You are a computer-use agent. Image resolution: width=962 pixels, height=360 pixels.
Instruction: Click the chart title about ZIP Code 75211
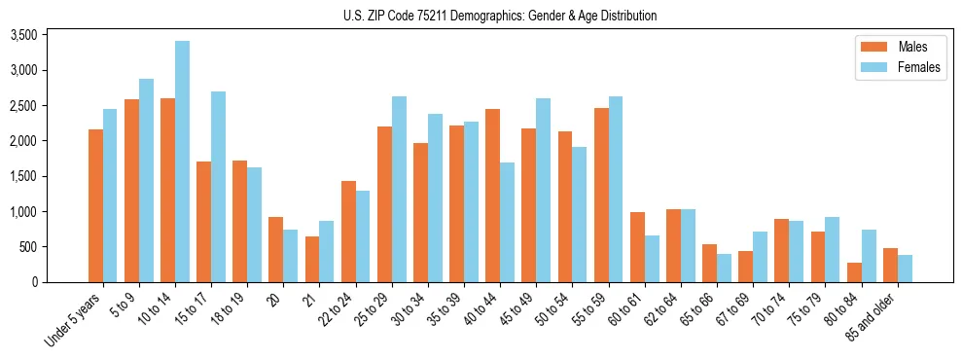point(500,16)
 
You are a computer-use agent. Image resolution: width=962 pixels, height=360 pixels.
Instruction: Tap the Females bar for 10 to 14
point(182,162)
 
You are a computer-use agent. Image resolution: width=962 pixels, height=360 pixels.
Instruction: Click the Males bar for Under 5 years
point(95,205)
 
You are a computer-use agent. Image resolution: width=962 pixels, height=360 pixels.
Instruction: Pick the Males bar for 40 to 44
point(493,196)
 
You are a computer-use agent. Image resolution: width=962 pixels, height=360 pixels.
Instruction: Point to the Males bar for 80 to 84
point(855,272)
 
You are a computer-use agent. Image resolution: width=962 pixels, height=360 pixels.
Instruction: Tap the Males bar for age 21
point(312,259)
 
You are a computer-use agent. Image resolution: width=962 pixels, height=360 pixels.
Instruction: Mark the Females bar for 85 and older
point(906,269)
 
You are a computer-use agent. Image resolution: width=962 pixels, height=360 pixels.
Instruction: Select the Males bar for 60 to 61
point(638,247)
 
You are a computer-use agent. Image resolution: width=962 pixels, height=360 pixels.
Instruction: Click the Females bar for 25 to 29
point(400,189)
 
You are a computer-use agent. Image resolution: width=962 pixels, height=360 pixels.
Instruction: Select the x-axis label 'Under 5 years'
point(75,320)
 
